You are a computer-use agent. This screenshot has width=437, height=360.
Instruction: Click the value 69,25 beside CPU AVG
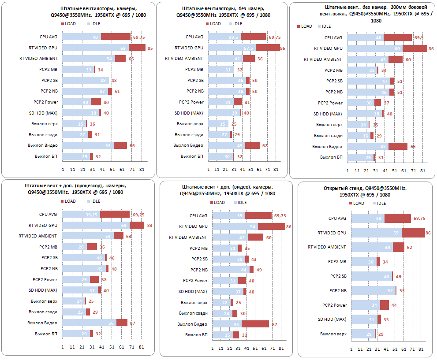(138, 215)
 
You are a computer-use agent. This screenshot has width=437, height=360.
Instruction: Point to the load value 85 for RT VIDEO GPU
(150, 48)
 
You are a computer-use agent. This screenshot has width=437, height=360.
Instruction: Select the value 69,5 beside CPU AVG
(419, 38)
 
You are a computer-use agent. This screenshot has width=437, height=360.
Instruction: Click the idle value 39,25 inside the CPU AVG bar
(91, 215)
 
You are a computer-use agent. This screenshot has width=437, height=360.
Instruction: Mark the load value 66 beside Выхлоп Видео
(131, 145)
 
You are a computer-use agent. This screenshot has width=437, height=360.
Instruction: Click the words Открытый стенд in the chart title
(341, 188)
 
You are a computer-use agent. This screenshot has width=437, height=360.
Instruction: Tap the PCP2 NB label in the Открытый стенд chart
(337, 290)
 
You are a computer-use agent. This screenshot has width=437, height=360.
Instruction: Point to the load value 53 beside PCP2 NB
(402, 290)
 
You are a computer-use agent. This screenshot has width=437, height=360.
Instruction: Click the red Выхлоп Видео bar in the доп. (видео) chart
(255, 324)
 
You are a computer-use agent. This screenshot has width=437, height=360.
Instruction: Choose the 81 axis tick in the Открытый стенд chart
(421, 349)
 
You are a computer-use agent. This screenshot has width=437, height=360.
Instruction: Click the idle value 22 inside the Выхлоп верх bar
(225, 302)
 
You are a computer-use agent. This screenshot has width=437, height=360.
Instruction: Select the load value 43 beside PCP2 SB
(253, 259)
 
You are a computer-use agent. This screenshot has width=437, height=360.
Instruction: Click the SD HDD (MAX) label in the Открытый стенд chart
(332, 319)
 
